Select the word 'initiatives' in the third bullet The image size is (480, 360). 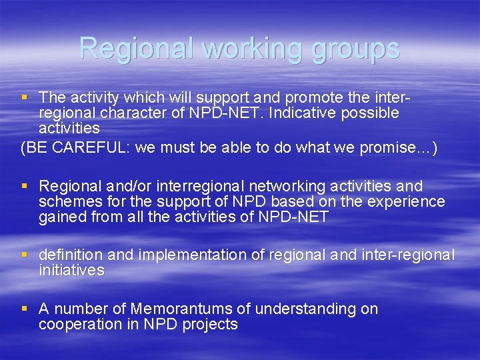coord(71,270)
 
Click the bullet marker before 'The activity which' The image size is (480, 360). coord(25,97)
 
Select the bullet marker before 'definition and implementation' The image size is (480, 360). coord(25,255)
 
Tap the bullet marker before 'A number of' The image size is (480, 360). coord(25,309)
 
